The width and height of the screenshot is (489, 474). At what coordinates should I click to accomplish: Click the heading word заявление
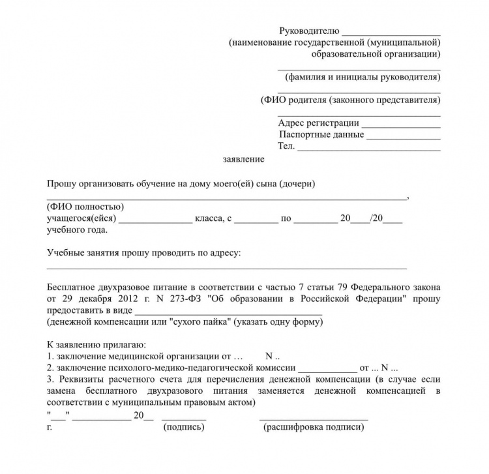click(243, 159)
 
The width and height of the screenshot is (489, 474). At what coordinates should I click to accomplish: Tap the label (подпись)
click(185, 428)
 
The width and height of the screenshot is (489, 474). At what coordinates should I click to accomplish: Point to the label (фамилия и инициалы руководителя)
click(359, 77)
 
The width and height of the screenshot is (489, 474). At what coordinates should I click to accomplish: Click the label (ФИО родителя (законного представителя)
click(350, 100)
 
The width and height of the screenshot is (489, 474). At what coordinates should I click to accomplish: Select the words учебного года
click(77, 230)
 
